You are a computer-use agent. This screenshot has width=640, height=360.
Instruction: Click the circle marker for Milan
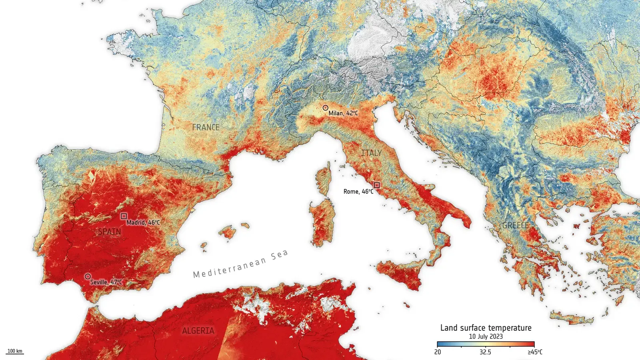326,108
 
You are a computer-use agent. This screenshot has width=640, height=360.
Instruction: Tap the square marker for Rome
376,185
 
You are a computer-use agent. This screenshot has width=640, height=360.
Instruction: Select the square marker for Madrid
124,216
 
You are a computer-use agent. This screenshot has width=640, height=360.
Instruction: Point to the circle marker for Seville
88,276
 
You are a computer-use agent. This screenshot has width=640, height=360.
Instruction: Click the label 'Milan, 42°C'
343,114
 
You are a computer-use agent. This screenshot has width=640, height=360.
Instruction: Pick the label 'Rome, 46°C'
358,192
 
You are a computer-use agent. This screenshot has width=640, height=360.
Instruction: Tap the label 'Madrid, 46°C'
143,222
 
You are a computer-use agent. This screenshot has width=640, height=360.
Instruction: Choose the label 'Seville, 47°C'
106,282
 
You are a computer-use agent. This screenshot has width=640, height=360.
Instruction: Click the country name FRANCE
206,128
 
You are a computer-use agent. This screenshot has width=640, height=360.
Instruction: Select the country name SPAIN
109,232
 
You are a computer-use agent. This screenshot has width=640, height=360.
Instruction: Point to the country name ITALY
371,153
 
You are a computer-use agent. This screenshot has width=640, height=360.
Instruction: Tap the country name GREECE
515,226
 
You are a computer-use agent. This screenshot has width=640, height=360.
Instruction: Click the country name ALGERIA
198,331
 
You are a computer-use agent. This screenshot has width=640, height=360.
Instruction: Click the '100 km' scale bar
15,352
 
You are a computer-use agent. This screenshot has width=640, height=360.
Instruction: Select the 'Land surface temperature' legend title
486,328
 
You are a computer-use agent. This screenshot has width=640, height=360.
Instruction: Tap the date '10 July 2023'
486,336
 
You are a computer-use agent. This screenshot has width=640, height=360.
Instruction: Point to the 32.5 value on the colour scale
485,352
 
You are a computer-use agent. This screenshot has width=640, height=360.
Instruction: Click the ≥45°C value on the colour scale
535,352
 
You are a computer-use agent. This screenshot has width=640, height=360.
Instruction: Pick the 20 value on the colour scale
438,352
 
